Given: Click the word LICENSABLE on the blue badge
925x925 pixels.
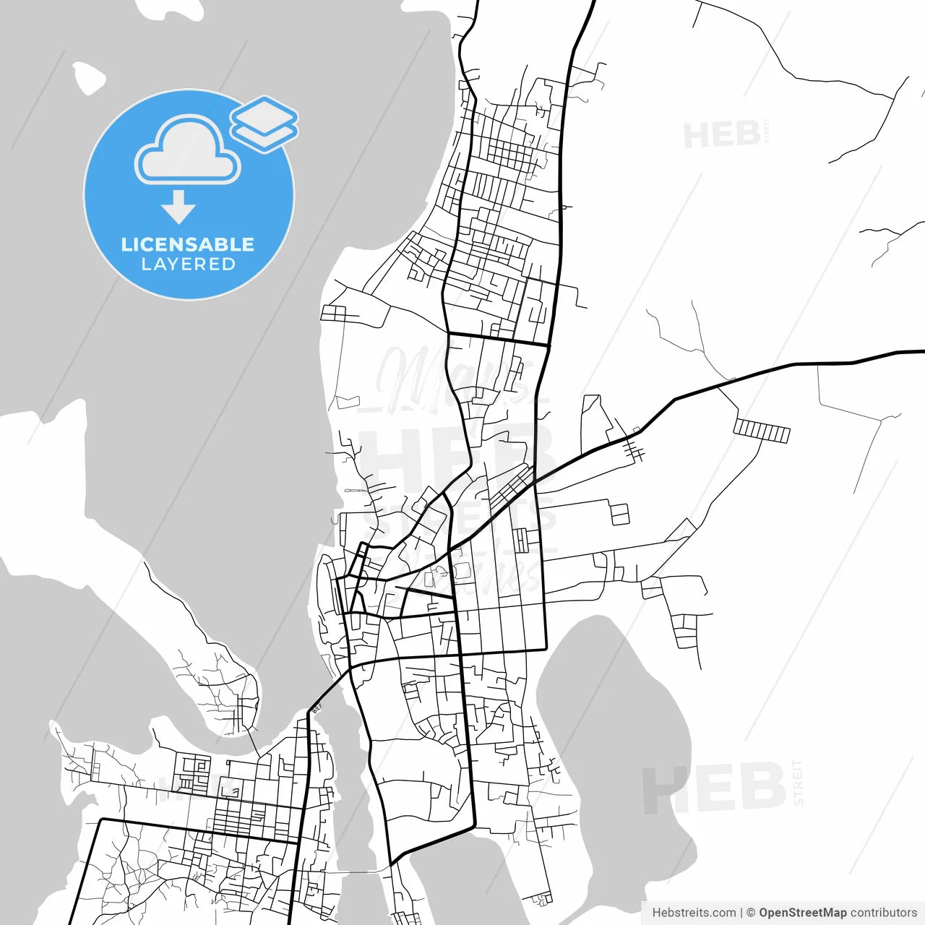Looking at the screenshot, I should point(187,244).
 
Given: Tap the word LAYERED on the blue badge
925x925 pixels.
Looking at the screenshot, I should point(188,264).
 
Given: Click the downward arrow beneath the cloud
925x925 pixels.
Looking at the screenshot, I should point(178,207).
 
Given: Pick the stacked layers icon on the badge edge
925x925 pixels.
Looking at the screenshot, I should point(264,124).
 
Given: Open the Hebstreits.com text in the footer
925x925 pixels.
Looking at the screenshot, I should point(694,913).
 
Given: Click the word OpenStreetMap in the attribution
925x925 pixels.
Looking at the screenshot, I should point(802,913).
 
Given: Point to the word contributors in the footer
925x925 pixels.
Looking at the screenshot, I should point(883,913).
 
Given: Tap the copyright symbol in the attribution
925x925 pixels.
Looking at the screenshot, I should point(751,913).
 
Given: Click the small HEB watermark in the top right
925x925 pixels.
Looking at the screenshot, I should point(722,135).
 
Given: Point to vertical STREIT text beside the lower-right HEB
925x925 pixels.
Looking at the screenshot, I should point(798,783).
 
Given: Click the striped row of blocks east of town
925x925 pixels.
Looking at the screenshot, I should point(762,431).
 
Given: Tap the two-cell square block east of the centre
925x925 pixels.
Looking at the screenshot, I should point(620,514).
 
